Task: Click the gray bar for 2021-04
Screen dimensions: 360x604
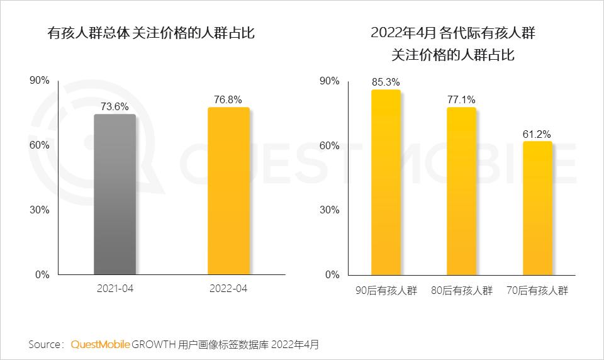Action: click(x=115, y=194)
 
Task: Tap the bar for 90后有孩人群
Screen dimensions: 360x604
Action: click(x=386, y=182)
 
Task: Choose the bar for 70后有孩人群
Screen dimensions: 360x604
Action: click(x=537, y=208)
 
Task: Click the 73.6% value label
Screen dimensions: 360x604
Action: click(x=115, y=106)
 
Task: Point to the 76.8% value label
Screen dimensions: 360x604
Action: click(x=228, y=99)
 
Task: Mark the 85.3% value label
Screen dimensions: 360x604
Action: click(x=386, y=82)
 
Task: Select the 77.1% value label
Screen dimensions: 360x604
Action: click(x=461, y=99)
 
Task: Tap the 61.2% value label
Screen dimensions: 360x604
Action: click(x=537, y=133)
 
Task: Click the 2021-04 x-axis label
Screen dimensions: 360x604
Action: click(x=115, y=290)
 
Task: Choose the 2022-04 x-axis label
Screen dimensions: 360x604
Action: click(x=228, y=290)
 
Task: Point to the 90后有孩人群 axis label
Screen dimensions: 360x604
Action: click(x=386, y=290)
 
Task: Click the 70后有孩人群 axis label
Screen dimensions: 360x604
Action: click(x=537, y=290)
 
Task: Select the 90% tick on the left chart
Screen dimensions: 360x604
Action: click(x=39, y=81)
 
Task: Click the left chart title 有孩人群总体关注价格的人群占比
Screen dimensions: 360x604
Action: click(x=151, y=33)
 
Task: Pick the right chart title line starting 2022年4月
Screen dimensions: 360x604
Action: click(x=453, y=33)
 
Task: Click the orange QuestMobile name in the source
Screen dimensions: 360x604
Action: click(x=100, y=344)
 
